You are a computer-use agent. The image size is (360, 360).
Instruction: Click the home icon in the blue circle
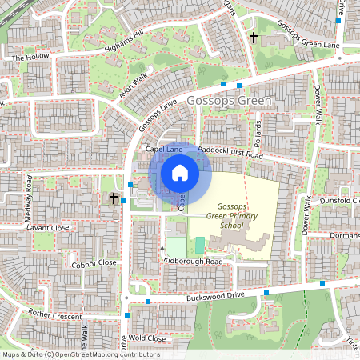pos(180,173)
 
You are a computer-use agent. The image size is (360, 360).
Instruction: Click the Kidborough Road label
pos(192,262)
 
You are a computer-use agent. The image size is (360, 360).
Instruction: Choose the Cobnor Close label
pos(94,262)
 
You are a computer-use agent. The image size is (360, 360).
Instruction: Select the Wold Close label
pos(146,338)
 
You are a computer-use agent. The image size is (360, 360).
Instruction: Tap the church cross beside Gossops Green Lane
pos(254,38)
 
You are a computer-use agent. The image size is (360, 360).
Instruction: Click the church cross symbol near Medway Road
pos(114,198)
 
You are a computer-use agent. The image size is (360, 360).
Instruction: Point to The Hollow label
pos(30,58)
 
